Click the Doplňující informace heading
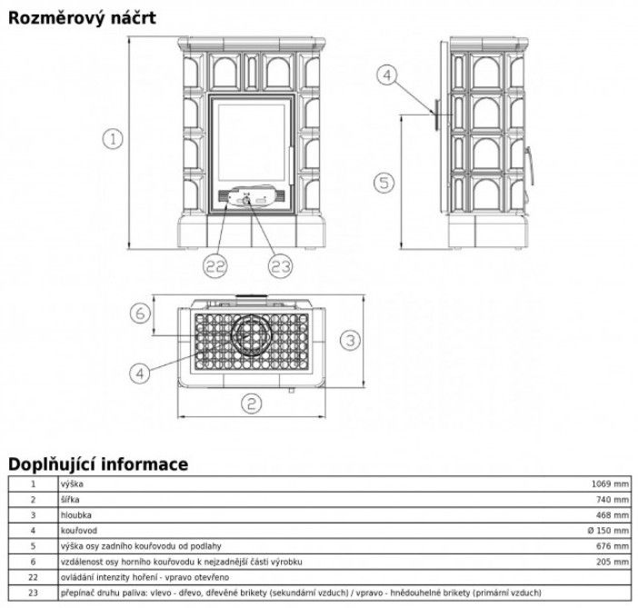pos(98,463)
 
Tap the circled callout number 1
pos(112,139)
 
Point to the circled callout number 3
pos(351,340)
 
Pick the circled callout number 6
pos(139,314)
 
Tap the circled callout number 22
pos(215,265)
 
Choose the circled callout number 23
pos(281,265)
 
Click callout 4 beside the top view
pos(139,371)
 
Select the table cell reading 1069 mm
pos(611,484)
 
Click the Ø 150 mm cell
pos(607,530)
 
